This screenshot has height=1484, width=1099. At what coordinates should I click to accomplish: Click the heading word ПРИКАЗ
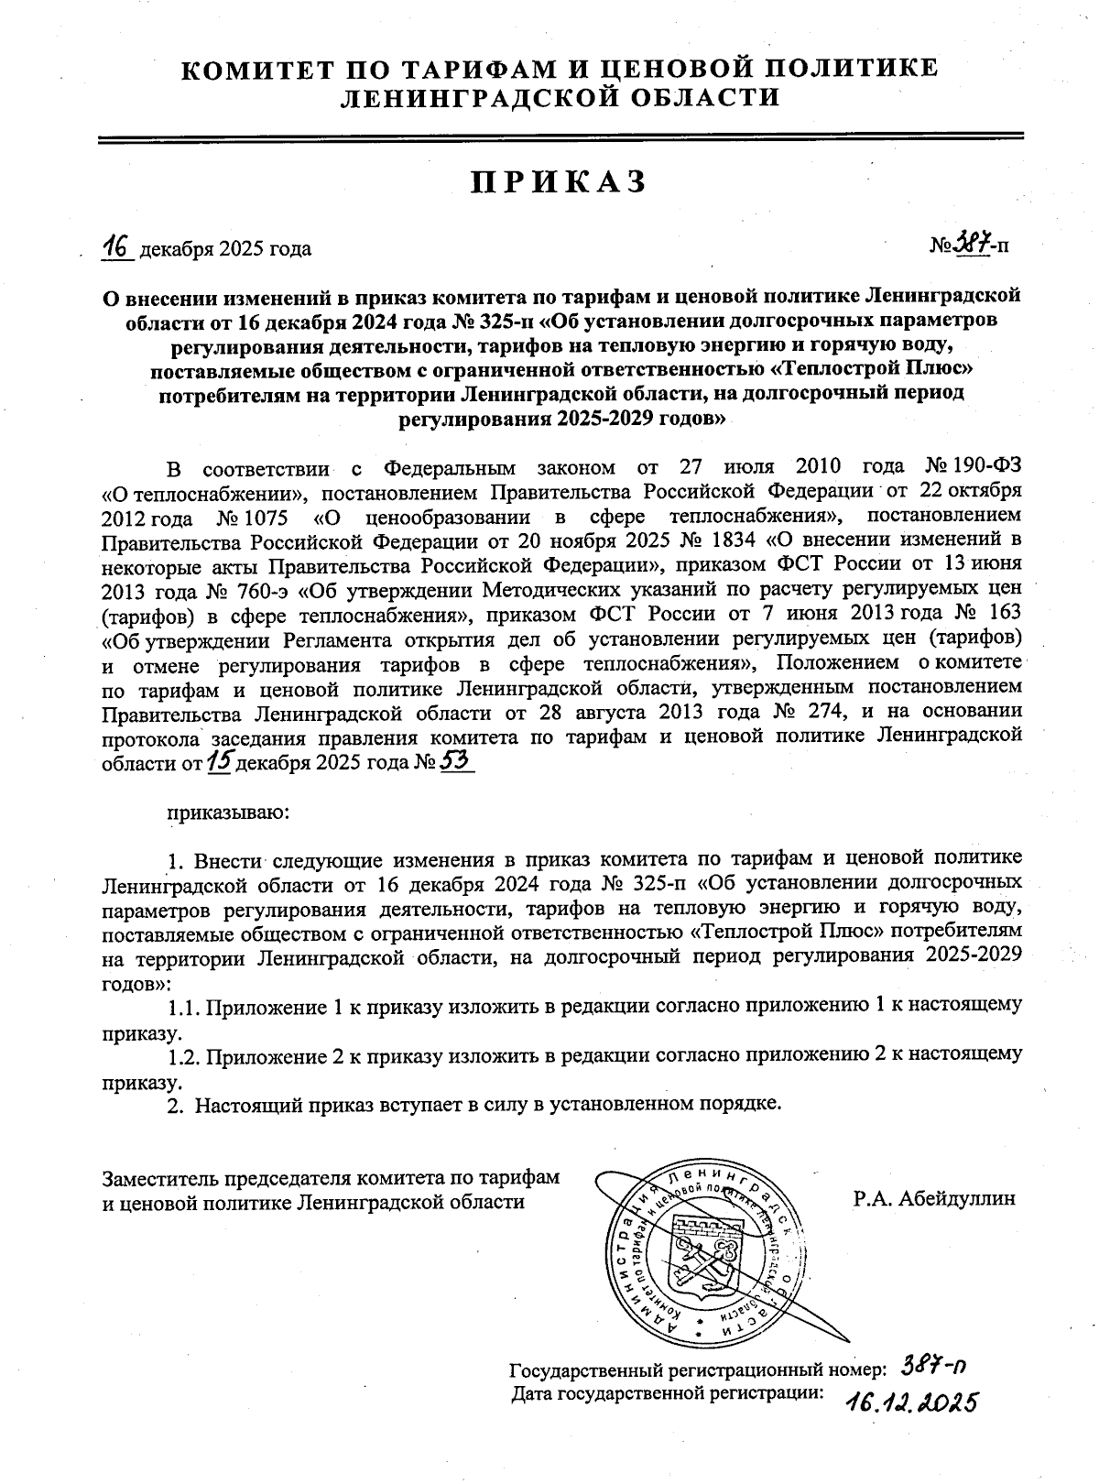point(559,182)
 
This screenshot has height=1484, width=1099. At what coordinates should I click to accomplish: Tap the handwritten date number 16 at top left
point(118,246)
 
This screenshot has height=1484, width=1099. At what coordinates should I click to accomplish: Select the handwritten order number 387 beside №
point(974,244)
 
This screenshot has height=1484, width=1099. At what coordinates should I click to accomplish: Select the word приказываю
point(228,811)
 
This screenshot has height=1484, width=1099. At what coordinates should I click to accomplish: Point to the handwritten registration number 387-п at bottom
point(934,1367)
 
